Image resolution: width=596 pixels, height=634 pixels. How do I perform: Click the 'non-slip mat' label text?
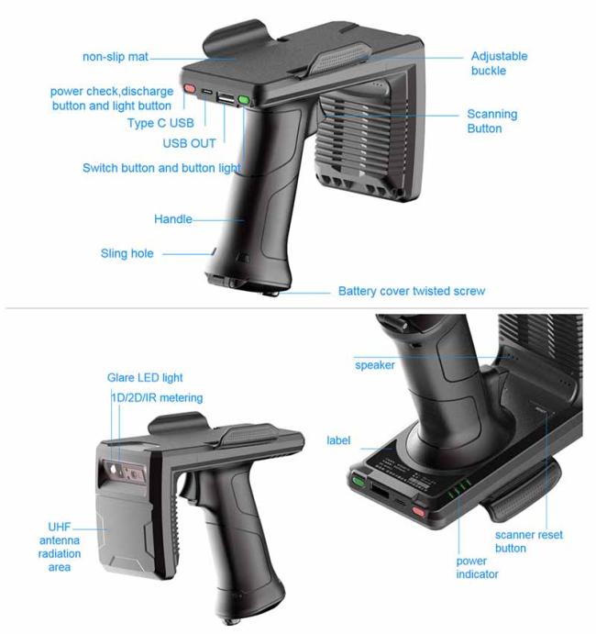(x=116, y=57)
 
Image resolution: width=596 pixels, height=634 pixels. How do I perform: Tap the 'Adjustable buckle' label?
(x=499, y=63)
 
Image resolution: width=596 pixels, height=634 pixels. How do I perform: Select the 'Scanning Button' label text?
(x=491, y=121)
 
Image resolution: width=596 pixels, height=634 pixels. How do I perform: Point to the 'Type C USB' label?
(x=160, y=123)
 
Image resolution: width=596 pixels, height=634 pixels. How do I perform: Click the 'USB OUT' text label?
(x=189, y=143)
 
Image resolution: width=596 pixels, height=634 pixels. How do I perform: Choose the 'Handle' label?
(x=173, y=219)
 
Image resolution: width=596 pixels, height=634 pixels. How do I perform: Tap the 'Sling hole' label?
(x=127, y=253)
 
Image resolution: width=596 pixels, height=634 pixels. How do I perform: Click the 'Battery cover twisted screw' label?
(x=412, y=291)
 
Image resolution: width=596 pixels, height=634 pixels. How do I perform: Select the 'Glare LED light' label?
(x=145, y=378)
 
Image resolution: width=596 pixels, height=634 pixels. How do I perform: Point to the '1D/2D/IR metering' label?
(x=157, y=398)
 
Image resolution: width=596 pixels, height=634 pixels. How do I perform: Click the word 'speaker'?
(x=375, y=365)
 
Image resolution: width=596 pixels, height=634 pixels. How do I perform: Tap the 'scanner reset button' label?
(x=528, y=541)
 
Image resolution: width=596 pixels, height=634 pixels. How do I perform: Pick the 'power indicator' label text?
(x=477, y=567)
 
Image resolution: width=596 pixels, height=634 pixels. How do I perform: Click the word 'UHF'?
(x=59, y=527)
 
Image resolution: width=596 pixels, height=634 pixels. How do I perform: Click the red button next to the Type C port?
(x=190, y=88)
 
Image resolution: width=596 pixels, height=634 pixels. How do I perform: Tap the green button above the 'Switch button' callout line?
(x=244, y=99)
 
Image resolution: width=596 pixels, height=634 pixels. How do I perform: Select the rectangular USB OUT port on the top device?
(x=225, y=98)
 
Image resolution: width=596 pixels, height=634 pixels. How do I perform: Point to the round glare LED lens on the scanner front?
(x=113, y=470)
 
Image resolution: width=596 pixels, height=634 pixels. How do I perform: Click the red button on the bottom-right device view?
(x=419, y=512)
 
